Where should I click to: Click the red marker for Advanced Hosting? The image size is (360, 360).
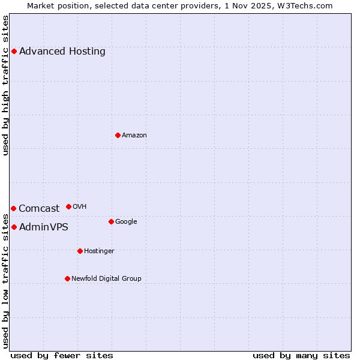(14, 51)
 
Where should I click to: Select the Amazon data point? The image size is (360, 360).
(118, 135)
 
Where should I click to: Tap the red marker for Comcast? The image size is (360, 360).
(13, 208)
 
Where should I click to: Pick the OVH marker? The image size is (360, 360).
(68, 206)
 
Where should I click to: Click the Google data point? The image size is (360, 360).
(111, 221)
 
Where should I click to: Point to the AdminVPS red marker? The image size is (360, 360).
(14, 227)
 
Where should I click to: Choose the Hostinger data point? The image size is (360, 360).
(80, 251)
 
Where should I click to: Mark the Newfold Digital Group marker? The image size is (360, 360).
(67, 278)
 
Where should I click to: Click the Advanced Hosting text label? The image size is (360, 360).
(62, 51)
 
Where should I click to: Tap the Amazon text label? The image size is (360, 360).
(134, 135)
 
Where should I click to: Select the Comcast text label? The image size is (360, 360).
(39, 209)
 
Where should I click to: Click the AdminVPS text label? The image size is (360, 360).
(44, 227)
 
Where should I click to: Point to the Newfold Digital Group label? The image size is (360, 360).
(106, 278)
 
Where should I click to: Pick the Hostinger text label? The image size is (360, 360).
(99, 251)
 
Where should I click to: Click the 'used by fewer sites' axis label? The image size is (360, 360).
(62, 355)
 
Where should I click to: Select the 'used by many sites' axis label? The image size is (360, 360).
(301, 355)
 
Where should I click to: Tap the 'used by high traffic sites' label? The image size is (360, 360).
(5, 85)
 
